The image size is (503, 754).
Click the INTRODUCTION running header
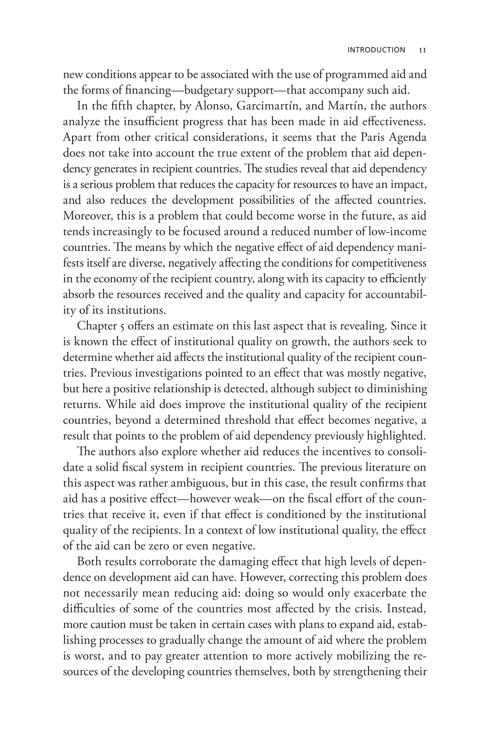(x=376, y=50)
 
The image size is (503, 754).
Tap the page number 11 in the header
(x=423, y=50)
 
